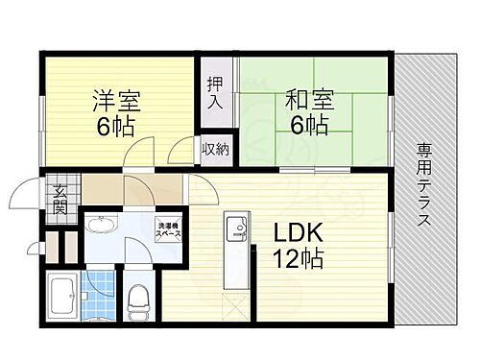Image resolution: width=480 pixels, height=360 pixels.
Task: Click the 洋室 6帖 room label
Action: tap(117, 112)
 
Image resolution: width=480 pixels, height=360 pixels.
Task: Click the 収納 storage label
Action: tap(214, 149)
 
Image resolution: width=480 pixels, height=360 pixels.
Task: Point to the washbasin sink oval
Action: tap(99, 228)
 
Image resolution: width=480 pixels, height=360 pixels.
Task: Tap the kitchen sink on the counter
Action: tap(235, 229)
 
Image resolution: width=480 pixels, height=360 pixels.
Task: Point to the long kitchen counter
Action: tap(235, 254)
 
